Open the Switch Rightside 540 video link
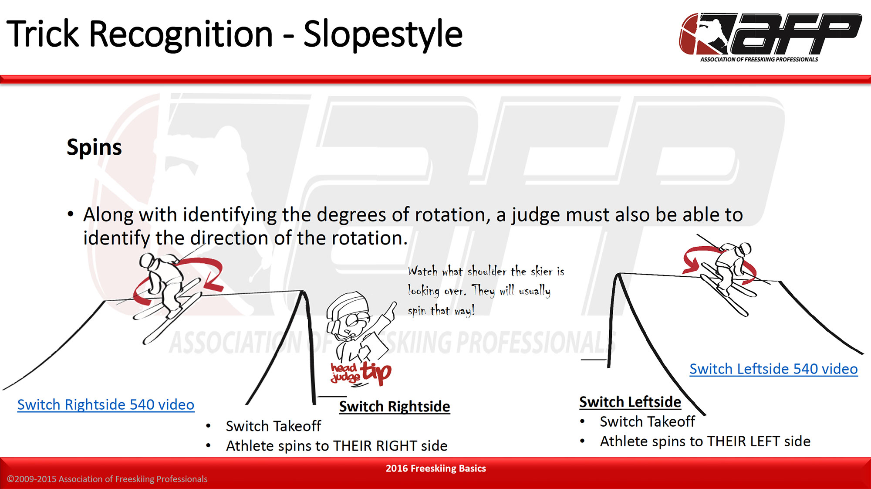106,404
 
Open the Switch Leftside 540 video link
773,369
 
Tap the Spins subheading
94,148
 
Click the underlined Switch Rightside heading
395,406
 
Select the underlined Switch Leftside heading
630,402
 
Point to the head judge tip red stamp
361,373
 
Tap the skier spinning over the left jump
168,292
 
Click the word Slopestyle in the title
383,34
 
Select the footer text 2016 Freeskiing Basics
435,468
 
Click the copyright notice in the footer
107,479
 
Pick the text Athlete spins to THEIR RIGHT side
337,446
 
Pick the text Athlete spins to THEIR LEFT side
705,441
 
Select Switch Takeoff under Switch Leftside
647,421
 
